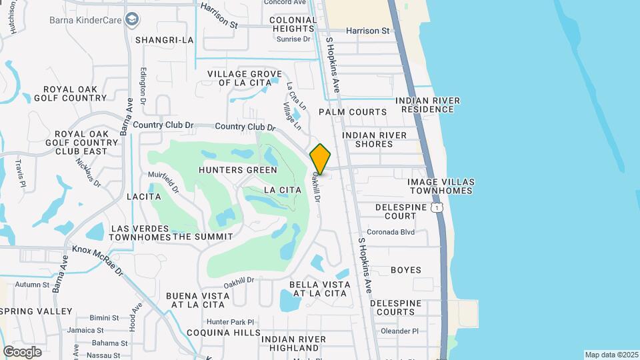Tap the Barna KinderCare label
pyautogui.click(x=85, y=19)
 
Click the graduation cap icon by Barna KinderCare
pyautogui.click(x=132, y=19)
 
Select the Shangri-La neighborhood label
pyautogui.click(x=164, y=40)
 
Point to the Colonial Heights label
pyautogui.click(x=293, y=25)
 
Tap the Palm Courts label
pyautogui.click(x=353, y=112)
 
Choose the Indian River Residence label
pyautogui.click(x=427, y=105)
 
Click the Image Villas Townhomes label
pyautogui.click(x=441, y=186)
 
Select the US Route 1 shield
pyautogui.click(x=437, y=208)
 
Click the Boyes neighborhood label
pyautogui.click(x=406, y=270)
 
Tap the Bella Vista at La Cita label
pyautogui.click(x=319, y=289)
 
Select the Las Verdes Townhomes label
pyautogui.click(x=140, y=233)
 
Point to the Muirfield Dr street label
pyautogui.click(x=163, y=181)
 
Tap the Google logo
pyautogui.click(x=22, y=352)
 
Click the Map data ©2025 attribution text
pyautogui.click(x=611, y=355)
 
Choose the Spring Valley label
pyautogui.click(x=37, y=311)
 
